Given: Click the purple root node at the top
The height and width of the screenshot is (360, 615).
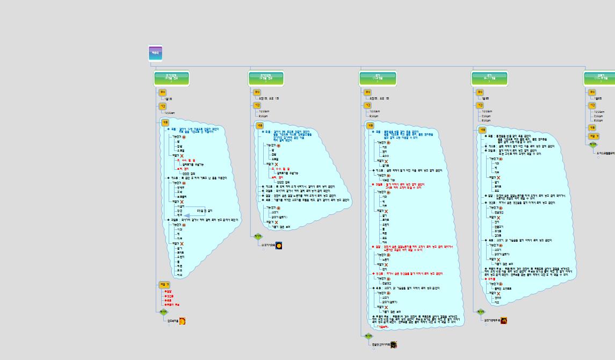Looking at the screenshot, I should [155, 53].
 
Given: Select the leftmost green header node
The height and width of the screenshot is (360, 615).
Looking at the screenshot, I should [171, 79].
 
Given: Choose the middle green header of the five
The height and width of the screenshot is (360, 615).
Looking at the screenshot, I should [378, 79].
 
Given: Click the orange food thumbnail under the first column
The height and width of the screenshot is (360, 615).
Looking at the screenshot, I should [183, 321].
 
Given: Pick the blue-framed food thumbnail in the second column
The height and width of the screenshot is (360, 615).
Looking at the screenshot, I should [279, 246].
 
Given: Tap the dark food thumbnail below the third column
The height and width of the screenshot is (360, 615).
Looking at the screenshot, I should [394, 344].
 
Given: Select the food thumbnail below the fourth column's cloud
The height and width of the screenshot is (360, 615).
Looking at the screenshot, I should [504, 321].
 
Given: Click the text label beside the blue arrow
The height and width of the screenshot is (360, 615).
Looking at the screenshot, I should [205, 211].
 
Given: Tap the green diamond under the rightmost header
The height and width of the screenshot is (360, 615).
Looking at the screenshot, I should [592, 145].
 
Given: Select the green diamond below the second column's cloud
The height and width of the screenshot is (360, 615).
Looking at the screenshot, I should [258, 236].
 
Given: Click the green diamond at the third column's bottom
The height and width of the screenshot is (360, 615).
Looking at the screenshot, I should [368, 336].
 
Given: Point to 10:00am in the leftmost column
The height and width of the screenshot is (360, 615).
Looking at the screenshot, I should [170, 113].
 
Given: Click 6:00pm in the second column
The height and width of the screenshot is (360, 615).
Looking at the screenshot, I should [263, 116].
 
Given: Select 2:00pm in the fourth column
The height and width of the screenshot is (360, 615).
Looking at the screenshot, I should [486, 116].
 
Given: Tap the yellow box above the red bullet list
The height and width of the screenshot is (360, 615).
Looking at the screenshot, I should [164, 285].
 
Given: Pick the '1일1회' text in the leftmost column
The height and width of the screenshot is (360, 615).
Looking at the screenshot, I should [169, 99].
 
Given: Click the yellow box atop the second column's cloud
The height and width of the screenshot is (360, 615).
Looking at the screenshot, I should [259, 125].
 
